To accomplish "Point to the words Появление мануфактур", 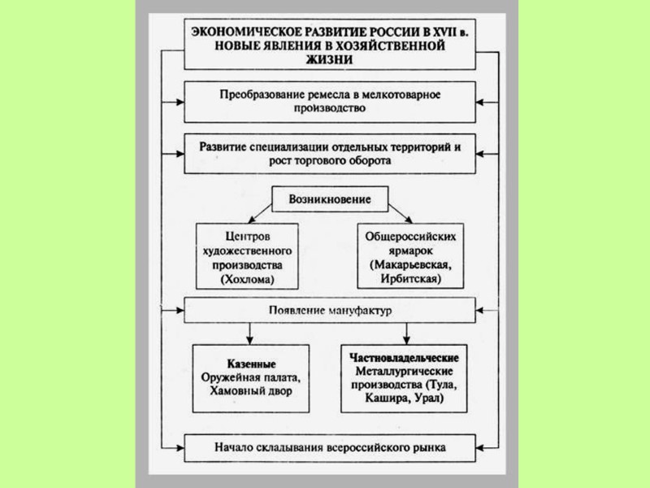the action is point(329,312).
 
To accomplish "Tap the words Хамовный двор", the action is point(248,390).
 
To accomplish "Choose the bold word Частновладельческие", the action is point(404,357).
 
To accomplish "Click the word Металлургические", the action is point(404,371).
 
